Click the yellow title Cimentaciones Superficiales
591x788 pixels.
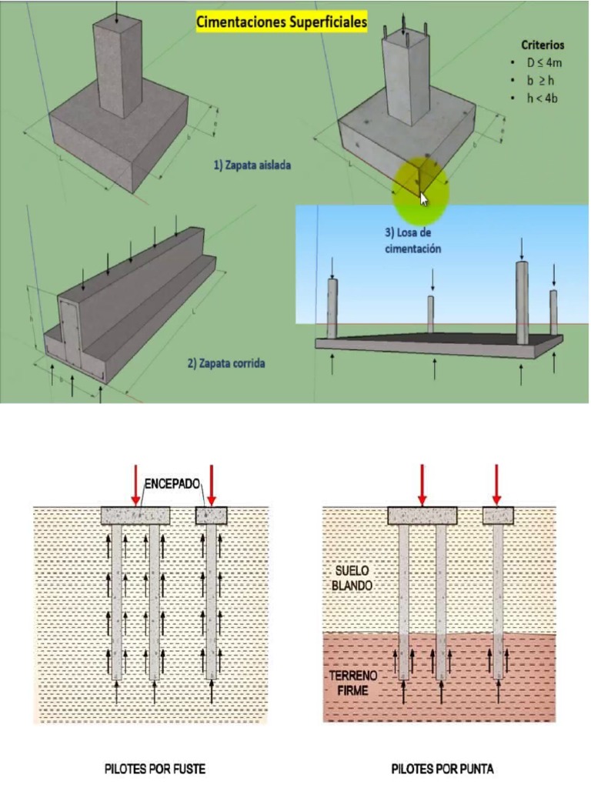click(281, 22)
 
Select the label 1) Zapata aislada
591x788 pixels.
click(252, 164)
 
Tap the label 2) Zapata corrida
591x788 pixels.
click(225, 363)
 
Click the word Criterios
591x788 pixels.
click(543, 45)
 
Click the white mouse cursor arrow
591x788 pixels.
click(423, 199)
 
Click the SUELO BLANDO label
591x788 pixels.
click(353, 579)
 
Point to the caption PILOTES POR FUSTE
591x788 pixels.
click(155, 768)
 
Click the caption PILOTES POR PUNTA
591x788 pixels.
click(442, 768)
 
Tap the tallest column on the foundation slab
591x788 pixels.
click(523, 302)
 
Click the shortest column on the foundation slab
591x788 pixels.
click(432, 313)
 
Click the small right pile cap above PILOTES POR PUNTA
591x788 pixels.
click(498, 515)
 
